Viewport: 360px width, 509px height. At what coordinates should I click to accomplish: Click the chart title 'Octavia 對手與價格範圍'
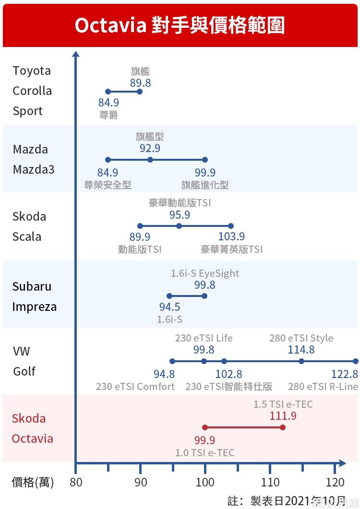pyautogui.click(x=180, y=25)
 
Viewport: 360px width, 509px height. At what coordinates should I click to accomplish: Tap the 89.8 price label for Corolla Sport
pyautogui.click(x=140, y=83)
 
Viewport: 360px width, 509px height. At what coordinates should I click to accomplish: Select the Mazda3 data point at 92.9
pyautogui.click(x=150, y=160)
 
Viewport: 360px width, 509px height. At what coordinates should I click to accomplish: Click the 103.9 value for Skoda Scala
pyautogui.click(x=231, y=237)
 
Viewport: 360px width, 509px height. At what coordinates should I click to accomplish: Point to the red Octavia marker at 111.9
pyautogui.click(x=282, y=427)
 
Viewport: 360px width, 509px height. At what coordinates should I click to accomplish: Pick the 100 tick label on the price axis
pyautogui.click(x=205, y=482)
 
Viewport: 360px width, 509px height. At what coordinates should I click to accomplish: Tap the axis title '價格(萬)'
pyautogui.click(x=33, y=482)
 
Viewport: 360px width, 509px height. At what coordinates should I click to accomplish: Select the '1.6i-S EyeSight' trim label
pyautogui.click(x=205, y=273)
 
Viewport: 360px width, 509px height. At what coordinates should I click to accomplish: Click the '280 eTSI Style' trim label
pyautogui.click(x=301, y=338)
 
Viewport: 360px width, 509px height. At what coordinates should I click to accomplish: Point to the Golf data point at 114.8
pyautogui.click(x=301, y=361)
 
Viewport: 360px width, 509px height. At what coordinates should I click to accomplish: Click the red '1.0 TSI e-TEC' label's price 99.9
pyautogui.click(x=204, y=440)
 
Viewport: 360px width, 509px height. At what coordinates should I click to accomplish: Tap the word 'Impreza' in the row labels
pyautogui.click(x=35, y=307)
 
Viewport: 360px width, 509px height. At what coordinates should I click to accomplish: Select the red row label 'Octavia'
pyautogui.click(x=33, y=438)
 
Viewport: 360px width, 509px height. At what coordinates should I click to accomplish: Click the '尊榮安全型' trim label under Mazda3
pyautogui.click(x=108, y=185)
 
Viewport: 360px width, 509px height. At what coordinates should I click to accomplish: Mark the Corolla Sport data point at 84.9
pyautogui.click(x=108, y=92)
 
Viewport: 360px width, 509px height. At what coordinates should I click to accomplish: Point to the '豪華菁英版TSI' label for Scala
pyautogui.click(x=232, y=249)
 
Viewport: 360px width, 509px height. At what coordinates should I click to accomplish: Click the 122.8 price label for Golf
pyautogui.click(x=345, y=374)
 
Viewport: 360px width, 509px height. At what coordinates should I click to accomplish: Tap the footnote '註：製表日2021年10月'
pyautogui.click(x=286, y=501)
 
